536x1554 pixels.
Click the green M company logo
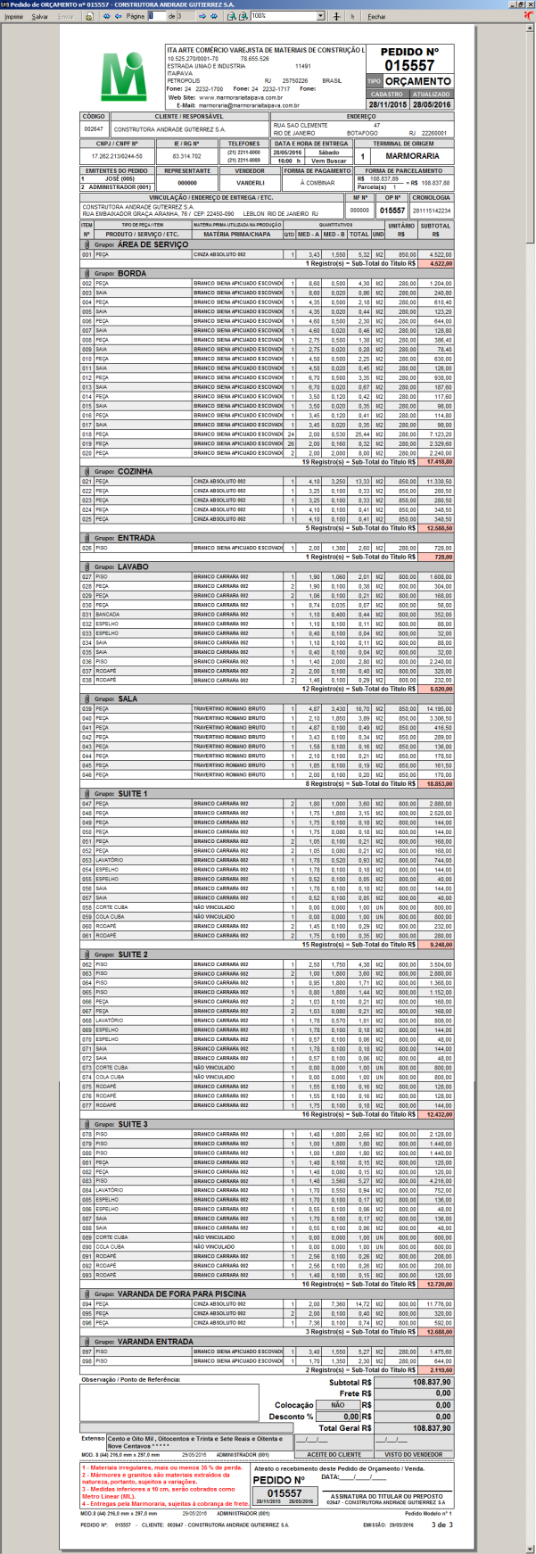123,77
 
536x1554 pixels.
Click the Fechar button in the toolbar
376,16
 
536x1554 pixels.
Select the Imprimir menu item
13,16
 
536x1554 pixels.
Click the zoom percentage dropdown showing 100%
287,16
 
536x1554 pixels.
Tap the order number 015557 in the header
409,65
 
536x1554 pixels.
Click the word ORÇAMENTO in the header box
417,81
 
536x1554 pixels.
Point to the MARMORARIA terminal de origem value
411,156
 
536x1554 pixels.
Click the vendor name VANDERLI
250,182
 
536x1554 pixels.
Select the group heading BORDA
132,273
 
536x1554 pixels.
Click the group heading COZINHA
135,471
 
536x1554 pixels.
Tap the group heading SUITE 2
133,955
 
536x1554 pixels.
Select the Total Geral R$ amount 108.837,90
432,1428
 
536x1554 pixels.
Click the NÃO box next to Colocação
338,1405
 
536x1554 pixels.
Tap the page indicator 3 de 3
440,1525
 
